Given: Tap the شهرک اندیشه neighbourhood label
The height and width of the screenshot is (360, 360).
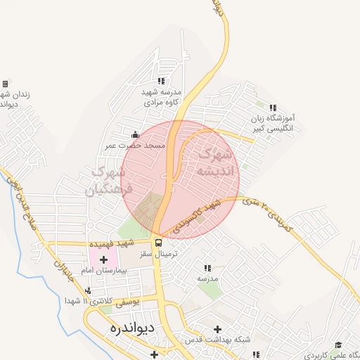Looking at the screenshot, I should click(213, 163).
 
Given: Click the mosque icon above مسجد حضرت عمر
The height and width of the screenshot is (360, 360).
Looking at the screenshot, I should click(136, 134).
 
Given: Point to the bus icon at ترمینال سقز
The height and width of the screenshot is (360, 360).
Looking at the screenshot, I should click(158, 243).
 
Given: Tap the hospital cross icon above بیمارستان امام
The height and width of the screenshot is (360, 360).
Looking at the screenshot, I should click(103, 259).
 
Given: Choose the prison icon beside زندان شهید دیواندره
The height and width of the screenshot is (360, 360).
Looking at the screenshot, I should click(5, 84).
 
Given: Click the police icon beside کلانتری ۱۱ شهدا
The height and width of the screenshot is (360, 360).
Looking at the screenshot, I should click(88, 290).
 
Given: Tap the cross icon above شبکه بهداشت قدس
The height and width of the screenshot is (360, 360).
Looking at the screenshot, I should click(217, 328).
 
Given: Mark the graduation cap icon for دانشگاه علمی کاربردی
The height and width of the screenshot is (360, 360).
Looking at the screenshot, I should click(338, 344).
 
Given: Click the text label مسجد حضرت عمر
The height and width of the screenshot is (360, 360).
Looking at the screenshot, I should click(135, 145).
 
